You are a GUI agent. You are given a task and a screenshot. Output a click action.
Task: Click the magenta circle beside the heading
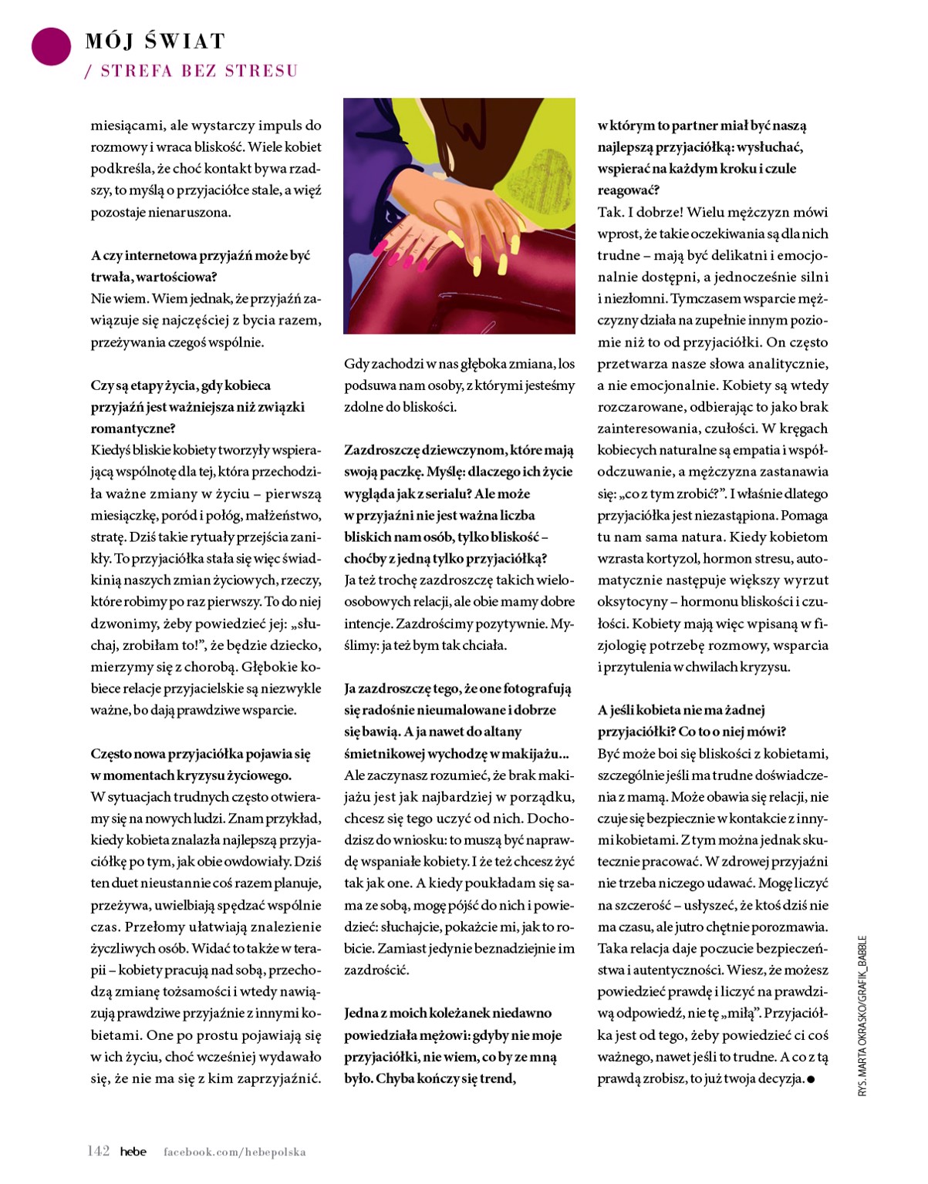[x=51, y=45]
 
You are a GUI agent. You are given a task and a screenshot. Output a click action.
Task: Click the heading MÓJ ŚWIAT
[x=155, y=41]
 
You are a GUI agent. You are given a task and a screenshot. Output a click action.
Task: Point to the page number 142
[x=98, y=1151]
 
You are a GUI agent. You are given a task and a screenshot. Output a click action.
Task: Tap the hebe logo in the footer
[x=133, y=1152]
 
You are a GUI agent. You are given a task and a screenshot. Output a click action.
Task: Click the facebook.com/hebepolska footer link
[x=235, y=1152]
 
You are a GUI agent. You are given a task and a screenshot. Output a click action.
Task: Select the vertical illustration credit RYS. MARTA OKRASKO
[x=862, y=1016]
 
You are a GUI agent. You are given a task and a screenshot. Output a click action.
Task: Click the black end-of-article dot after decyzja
[x=810, y=1079]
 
